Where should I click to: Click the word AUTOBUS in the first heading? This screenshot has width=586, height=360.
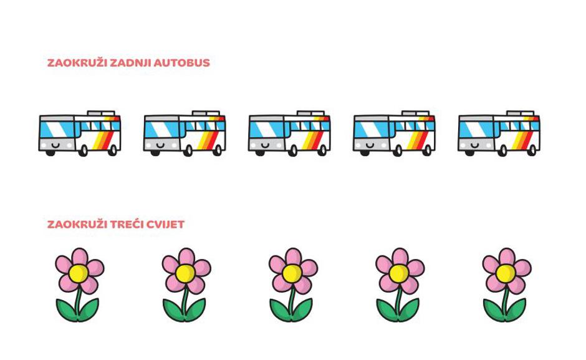pos(181,63)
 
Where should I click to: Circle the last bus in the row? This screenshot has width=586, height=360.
pos(499,134)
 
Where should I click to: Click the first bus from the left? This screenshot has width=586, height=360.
pos(80,134)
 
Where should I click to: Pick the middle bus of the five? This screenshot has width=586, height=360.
pos(290,134)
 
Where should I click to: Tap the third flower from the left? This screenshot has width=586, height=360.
pos(293,285)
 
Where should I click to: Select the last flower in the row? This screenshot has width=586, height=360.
pos(507,285)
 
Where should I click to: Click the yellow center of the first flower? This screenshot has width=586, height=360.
pos(79,273)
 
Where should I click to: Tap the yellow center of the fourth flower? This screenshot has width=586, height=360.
pos(399,273)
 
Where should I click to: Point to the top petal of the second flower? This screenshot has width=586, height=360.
pos(186,256)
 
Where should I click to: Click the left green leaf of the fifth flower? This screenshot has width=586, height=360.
pos(493,309)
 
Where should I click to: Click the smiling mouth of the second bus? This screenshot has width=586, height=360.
pos(161,145)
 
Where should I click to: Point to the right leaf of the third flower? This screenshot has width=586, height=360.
pos(303,309)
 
